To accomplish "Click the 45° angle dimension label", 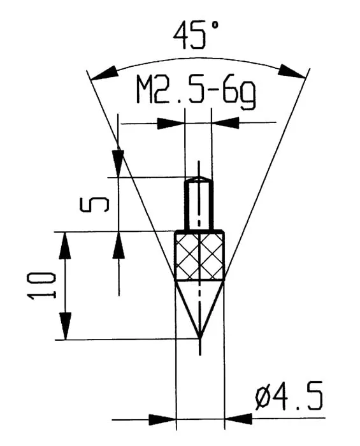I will (x=197, y=35).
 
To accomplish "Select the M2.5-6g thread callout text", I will (x=196, y=92).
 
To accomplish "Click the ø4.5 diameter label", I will (x=289, y=398).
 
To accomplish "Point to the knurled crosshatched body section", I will (x=199, y=256).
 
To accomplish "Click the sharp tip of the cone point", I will (x=199, y=337).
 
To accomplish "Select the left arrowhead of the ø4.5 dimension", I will (x=162, y=419).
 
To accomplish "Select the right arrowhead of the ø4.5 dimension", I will (x=237, y=419).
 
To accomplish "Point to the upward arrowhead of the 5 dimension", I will (x=119, y=245).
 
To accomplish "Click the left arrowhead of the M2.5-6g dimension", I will (x=171, y=123).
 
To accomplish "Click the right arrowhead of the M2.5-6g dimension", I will (x=225, y=123).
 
